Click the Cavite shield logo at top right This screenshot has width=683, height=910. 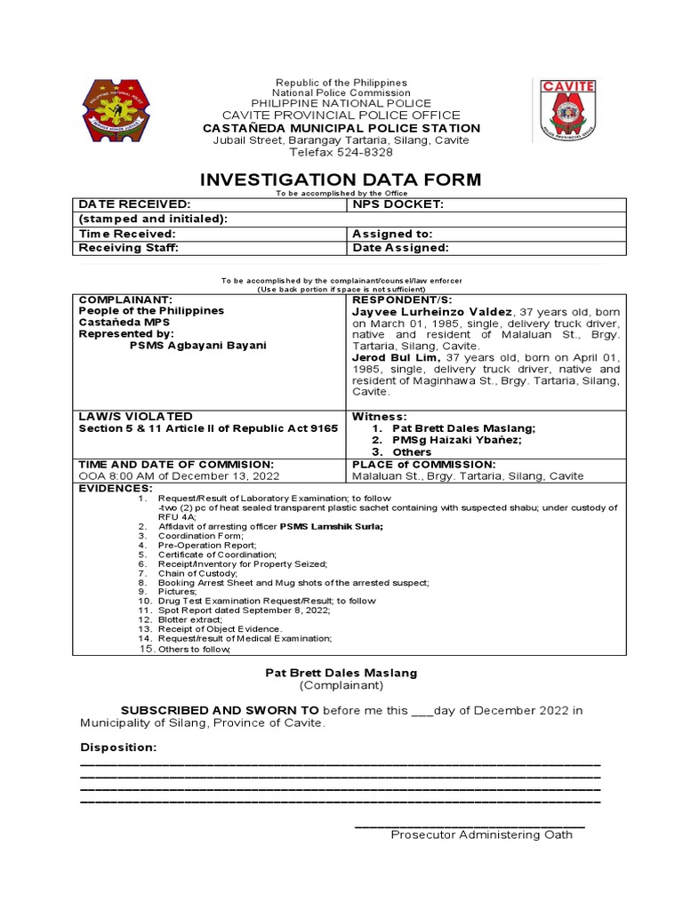coord(568,110)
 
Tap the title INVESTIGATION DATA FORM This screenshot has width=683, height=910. coord(341,180)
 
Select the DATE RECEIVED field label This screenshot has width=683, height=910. coord(135,204)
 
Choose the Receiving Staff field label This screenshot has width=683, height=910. coord(125,248)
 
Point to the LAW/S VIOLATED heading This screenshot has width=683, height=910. coord(135,416)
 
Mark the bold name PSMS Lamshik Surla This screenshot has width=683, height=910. coord(331,527)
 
